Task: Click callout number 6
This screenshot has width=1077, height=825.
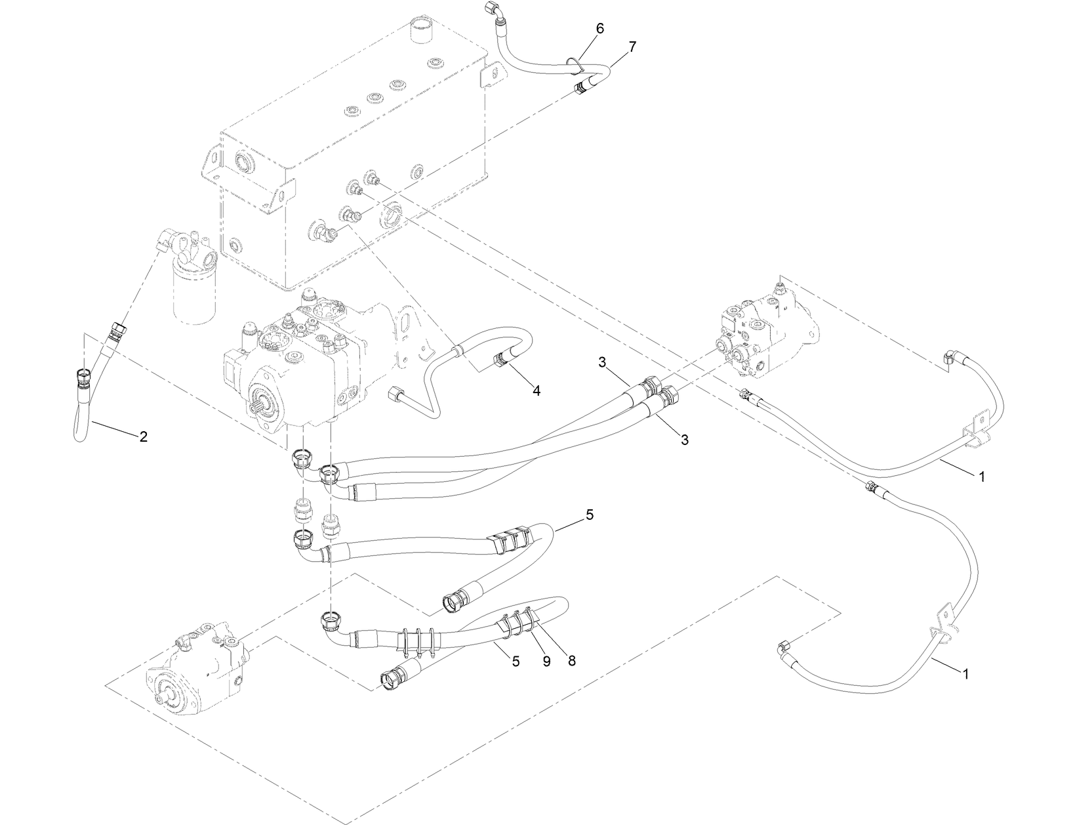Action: pos(599,28)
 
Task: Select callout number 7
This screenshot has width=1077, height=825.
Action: pos(632,46)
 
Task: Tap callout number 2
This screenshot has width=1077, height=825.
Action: pos(143,436)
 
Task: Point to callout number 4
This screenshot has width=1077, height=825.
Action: pos(536,391)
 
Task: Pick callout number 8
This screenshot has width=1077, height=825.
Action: pos(571,662)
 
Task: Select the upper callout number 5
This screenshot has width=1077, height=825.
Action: pos(589,515)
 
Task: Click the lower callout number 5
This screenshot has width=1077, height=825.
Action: pos(516,662)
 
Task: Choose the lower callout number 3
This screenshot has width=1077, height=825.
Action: pos(684,440)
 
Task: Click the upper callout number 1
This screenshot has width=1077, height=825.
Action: pos(981,477)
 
